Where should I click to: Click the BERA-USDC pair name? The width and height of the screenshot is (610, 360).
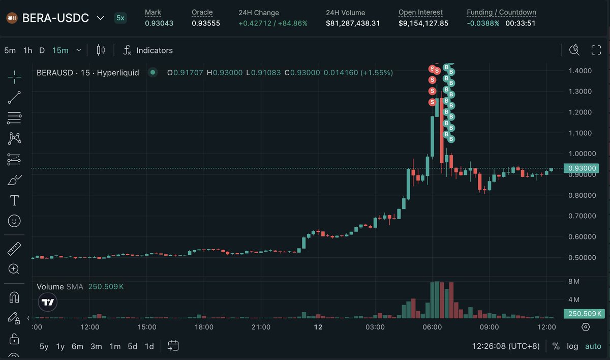tap(55, 18)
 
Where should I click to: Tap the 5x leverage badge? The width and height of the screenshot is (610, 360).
tap(120, 18)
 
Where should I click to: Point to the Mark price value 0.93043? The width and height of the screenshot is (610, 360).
tap(159, 23)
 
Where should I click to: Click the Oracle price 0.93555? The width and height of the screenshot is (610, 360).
tap(206, 23)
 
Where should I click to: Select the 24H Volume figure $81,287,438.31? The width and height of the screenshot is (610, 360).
tap(353, 23)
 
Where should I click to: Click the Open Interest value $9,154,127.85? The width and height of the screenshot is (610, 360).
tap(423, 23)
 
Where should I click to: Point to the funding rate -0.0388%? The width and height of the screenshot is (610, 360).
tap(483, 23)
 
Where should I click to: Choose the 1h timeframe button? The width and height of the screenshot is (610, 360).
tap(28, 50)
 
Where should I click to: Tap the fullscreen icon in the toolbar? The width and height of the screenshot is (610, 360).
tap(596, 50)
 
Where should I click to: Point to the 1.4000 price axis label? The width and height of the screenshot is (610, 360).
tap(580, 71)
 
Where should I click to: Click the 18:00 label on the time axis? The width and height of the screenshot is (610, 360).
tap(204, 327)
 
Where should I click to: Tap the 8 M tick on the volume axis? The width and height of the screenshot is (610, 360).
tap(574, 281)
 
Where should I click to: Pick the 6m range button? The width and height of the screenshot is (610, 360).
tap(77, 346)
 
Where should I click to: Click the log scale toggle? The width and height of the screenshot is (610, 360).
tap(572, 346)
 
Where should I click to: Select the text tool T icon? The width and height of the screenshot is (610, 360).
tap(14, 200)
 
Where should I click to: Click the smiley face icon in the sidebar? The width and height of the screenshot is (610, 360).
tap(14, 221)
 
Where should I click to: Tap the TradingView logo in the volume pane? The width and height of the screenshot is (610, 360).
tap(48, 303)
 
